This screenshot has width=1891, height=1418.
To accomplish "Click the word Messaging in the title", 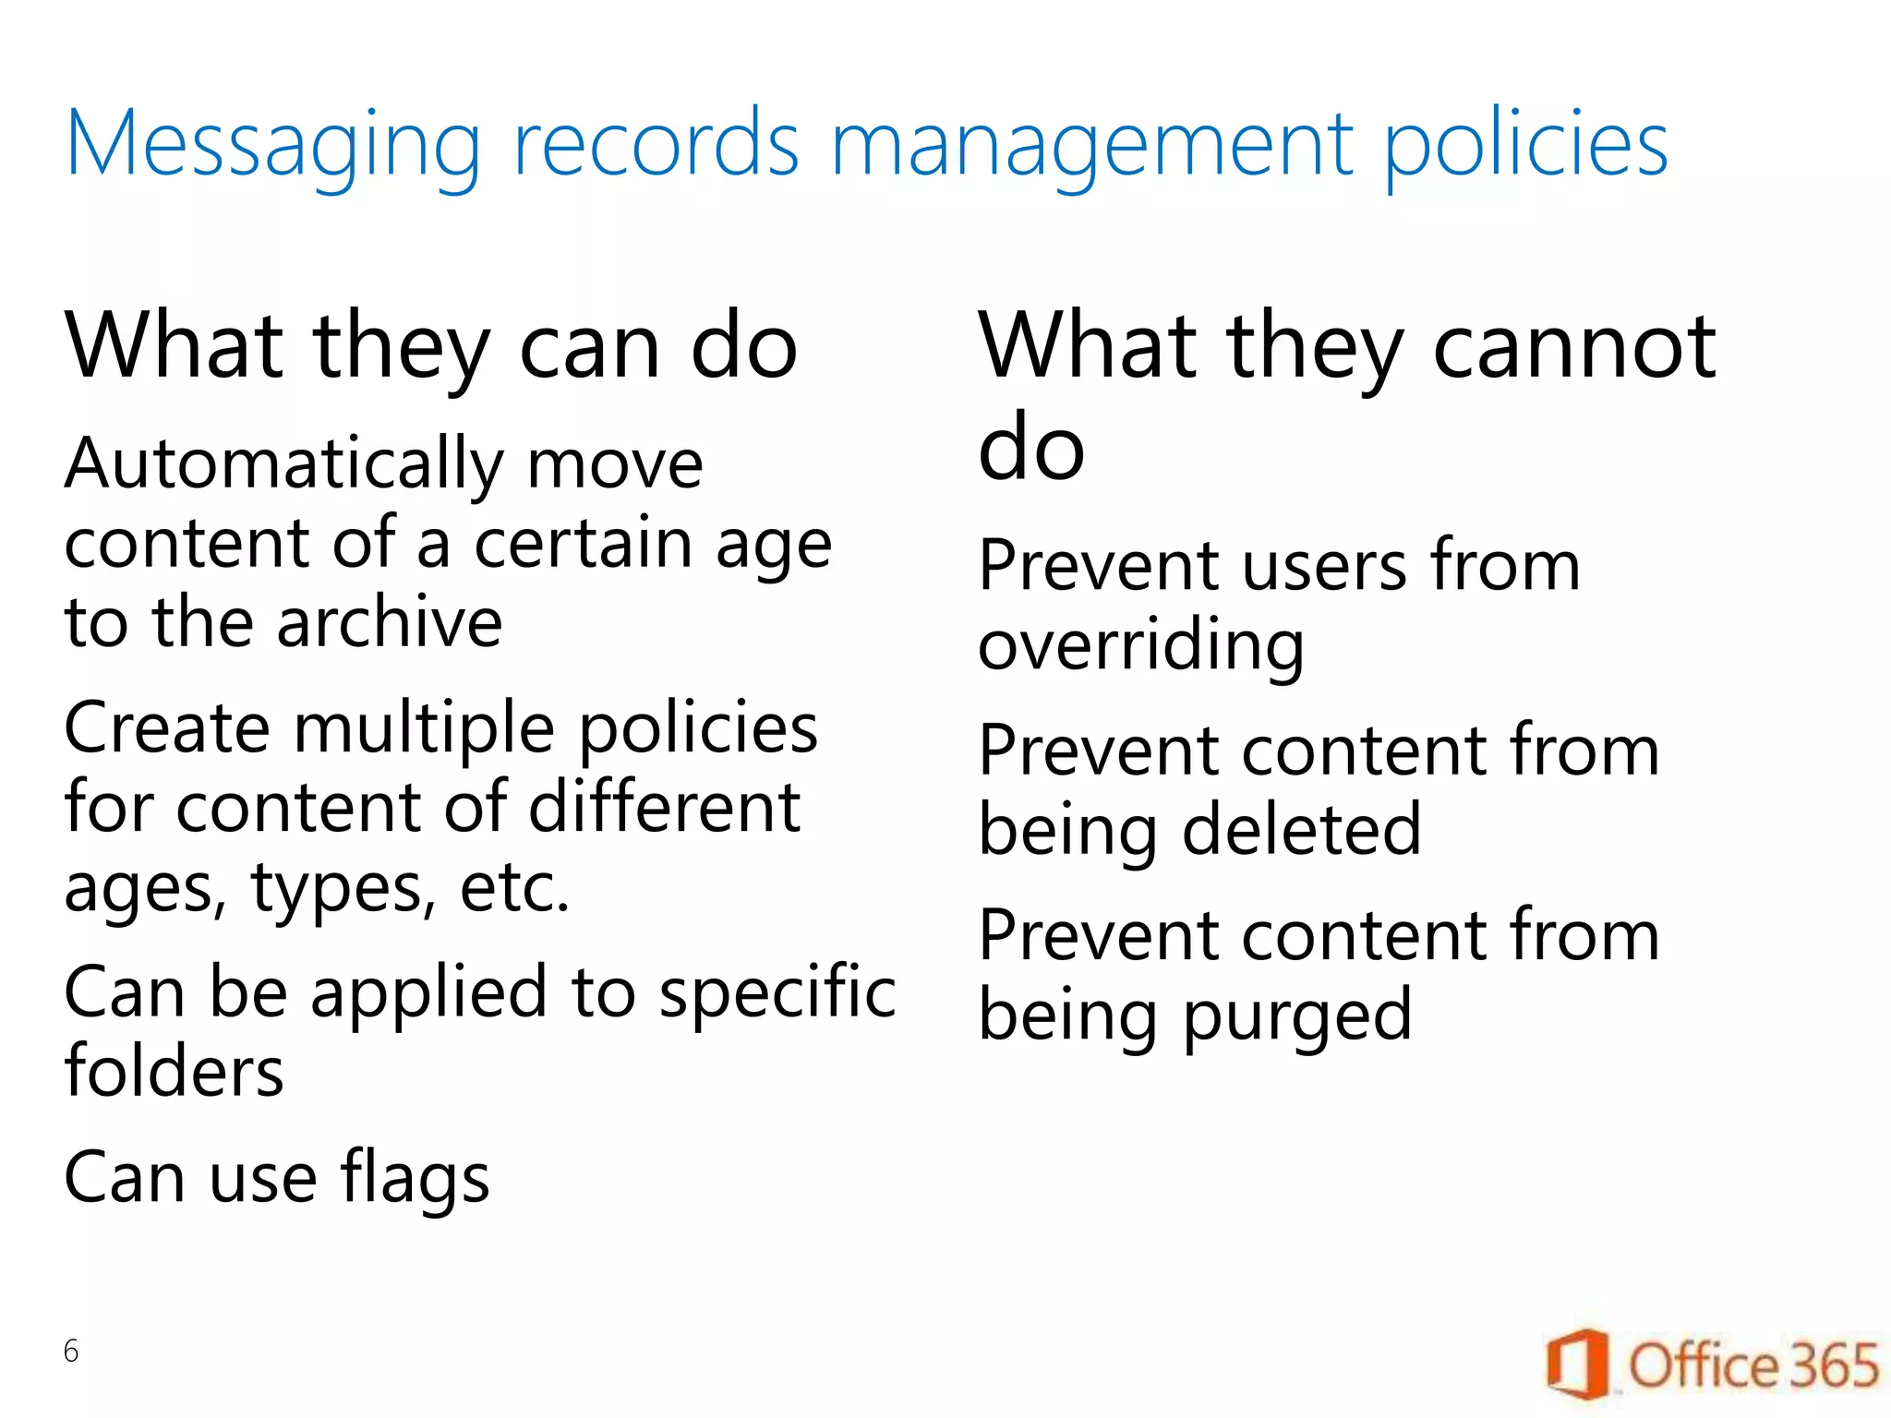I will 273,145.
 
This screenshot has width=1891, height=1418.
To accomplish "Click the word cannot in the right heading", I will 1574,346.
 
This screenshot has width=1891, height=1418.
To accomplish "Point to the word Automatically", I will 284,465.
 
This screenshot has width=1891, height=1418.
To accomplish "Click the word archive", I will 390,622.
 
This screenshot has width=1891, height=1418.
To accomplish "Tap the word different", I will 664,807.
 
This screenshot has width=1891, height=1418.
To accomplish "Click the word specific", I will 777,992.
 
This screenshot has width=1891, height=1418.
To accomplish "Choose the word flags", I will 415,1180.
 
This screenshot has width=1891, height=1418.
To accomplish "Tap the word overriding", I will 1141,646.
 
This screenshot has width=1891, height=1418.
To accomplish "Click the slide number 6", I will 71,1352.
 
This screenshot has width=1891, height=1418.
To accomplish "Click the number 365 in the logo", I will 1834,1365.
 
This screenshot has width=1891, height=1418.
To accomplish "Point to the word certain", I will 583,544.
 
